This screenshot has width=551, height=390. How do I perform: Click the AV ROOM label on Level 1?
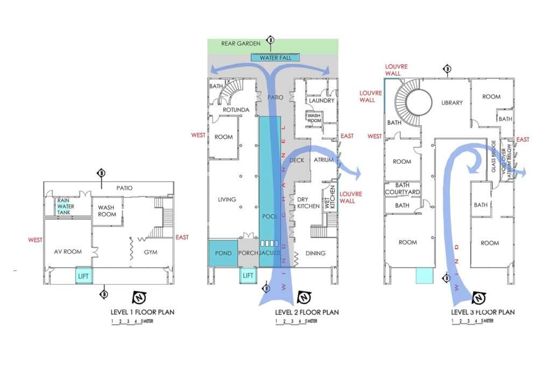tap(68, 252)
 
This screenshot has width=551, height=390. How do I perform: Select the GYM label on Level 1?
tap(151, 252)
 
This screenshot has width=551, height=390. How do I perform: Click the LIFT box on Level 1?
tap(83, 276)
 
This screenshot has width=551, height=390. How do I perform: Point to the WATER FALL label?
tap(275, 58)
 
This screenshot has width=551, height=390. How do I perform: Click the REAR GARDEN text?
tap(241, 43)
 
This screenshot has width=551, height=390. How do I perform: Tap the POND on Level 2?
tap(223, 253)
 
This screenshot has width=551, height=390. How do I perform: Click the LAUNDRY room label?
tap(322, 100)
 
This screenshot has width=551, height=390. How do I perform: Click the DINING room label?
tap(315, 253)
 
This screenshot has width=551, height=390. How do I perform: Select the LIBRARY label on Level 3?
tap(452, 102)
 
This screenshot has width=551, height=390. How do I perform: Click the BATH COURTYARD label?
tap(402, 189)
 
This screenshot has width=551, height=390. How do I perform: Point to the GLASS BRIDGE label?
tap(494, 156)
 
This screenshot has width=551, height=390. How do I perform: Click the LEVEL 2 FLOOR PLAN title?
tap(307, 312)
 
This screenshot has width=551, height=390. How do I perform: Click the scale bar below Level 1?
tap(128, 322)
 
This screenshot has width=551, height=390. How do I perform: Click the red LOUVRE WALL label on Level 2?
tap(351, 197)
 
